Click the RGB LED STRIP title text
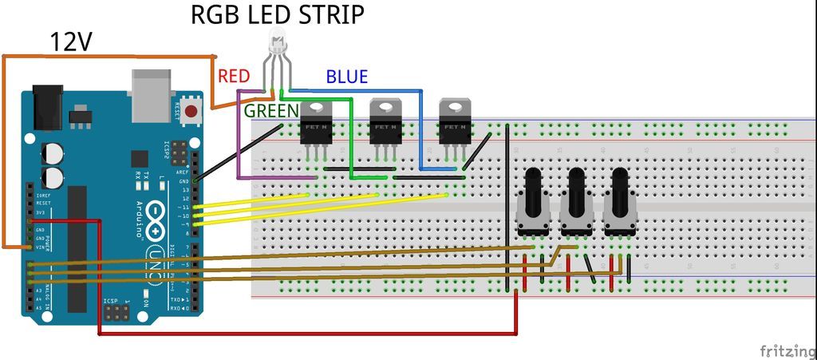click(x=277, y=14)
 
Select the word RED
click(x=234, y=76)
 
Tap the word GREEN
click(x=271, y=110)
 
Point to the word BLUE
click(x=346, y=77)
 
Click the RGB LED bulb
click(x=277, y=40)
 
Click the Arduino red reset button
click(x=191, y=111)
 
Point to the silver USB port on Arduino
click(x=151, y=89)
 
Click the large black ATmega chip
click(x=77, y=248)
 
